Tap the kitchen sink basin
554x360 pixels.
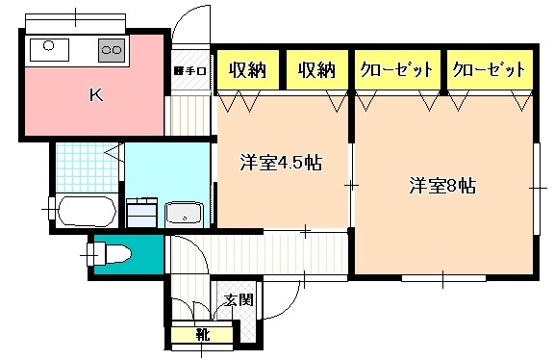point(48,47)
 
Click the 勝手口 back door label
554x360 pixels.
point(190,70)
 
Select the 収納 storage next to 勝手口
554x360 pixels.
point(246,69)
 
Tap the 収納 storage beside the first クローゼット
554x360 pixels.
point(316,69)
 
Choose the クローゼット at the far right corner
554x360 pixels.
point(489,69)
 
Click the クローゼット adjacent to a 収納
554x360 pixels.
point(394,69)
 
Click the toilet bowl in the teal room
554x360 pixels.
point(113,254)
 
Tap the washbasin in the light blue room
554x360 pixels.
point(183,214)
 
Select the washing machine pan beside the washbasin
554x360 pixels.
point(142,211)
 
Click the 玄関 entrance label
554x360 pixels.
point(239,299)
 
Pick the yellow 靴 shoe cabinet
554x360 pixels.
point(202,335)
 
